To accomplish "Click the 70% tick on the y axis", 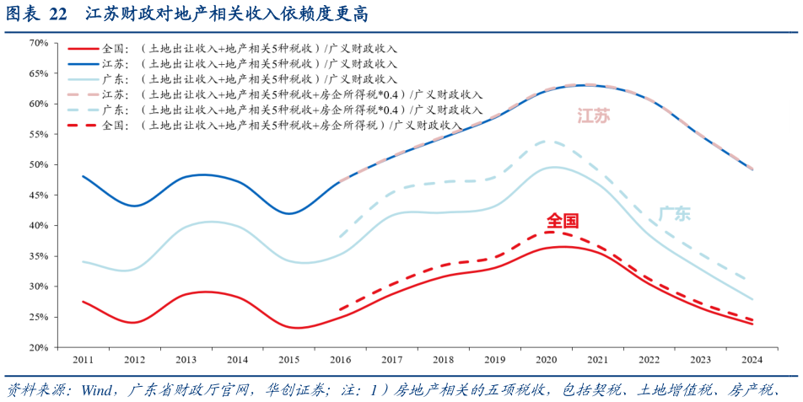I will pos(37,42).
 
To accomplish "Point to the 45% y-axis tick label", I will pos(37,195).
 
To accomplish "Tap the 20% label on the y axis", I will pos(37,347).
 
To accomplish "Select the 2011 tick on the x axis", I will pos(83,360).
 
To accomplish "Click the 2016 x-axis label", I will pos(340,360).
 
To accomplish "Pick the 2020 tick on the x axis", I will pos(546,360).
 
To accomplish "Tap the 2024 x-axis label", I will pos(752,360).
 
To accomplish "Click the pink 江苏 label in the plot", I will pos(594,116).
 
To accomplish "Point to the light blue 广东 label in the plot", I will pos(674,214).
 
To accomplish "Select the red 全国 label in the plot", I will pos(563,222).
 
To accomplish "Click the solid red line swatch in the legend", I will pos(83,49).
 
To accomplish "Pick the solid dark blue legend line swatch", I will pos(83,64).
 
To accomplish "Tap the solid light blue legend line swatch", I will pos(83,79).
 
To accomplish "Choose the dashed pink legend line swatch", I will pos(83,94).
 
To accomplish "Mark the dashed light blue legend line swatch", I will pos(83,110).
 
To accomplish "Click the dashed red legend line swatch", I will pos(83,125).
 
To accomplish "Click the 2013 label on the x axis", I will pos(186,360).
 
